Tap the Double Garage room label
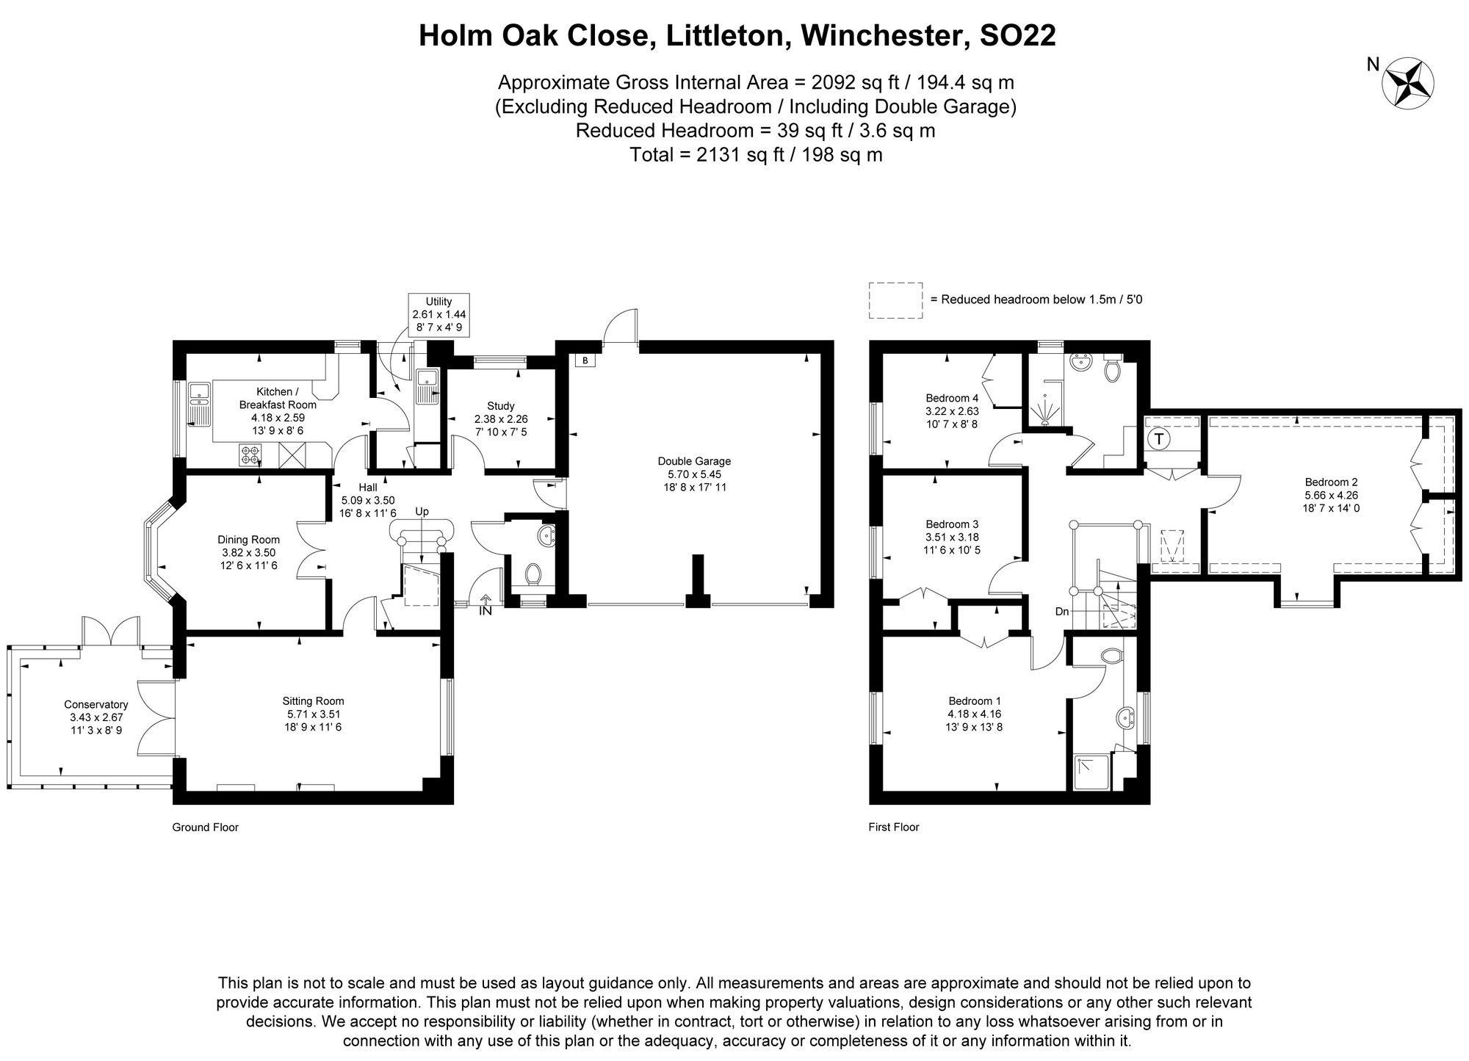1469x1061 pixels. pos(694,461)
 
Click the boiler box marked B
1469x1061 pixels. pos(585,361)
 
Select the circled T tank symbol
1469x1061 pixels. pos(1158,439)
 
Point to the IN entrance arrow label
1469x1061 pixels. pos(485,609)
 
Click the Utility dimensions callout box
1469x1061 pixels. pos(438,314)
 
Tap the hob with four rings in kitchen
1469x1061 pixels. pos(250,455)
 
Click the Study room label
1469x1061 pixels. pos(500,406)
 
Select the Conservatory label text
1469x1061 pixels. pos(95,704)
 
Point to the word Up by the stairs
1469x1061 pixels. pos(422,511)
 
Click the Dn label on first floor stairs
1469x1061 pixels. pos(1062,611)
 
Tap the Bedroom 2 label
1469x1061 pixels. pos(1331,482)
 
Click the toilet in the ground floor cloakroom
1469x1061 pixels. pos(534,573)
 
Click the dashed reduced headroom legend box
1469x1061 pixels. pos(895,300)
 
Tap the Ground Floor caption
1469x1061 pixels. pos(205,827)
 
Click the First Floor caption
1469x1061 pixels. pos(893,827)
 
